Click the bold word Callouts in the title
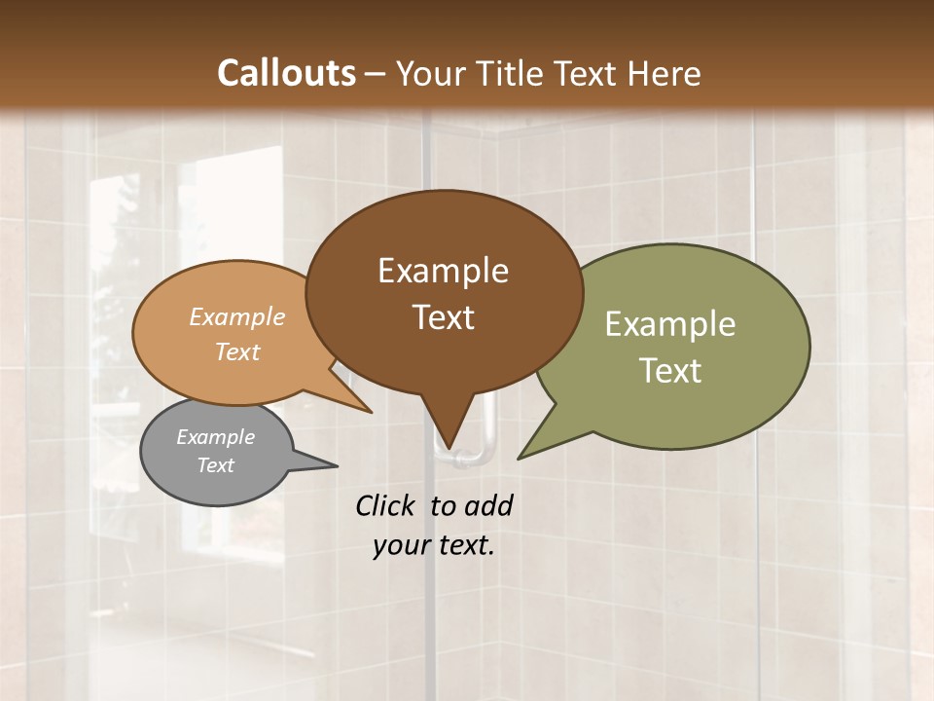click(x=286, y=73)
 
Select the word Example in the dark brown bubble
click(x=443, y=271)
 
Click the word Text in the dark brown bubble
click(x=443, y=317)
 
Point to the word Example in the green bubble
click(x=670, y=324)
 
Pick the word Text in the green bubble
click(x=670, y=371)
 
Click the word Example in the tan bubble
click(x=237, y=316)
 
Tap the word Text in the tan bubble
click(x=237, y=351)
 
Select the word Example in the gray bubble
click(x=215, y=437)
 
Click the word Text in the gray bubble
click(x=215, y=465)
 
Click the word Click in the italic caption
click(x=386, y=505)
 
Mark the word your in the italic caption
click(x=400, y=545)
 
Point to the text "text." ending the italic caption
click(x=465, y=545)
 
